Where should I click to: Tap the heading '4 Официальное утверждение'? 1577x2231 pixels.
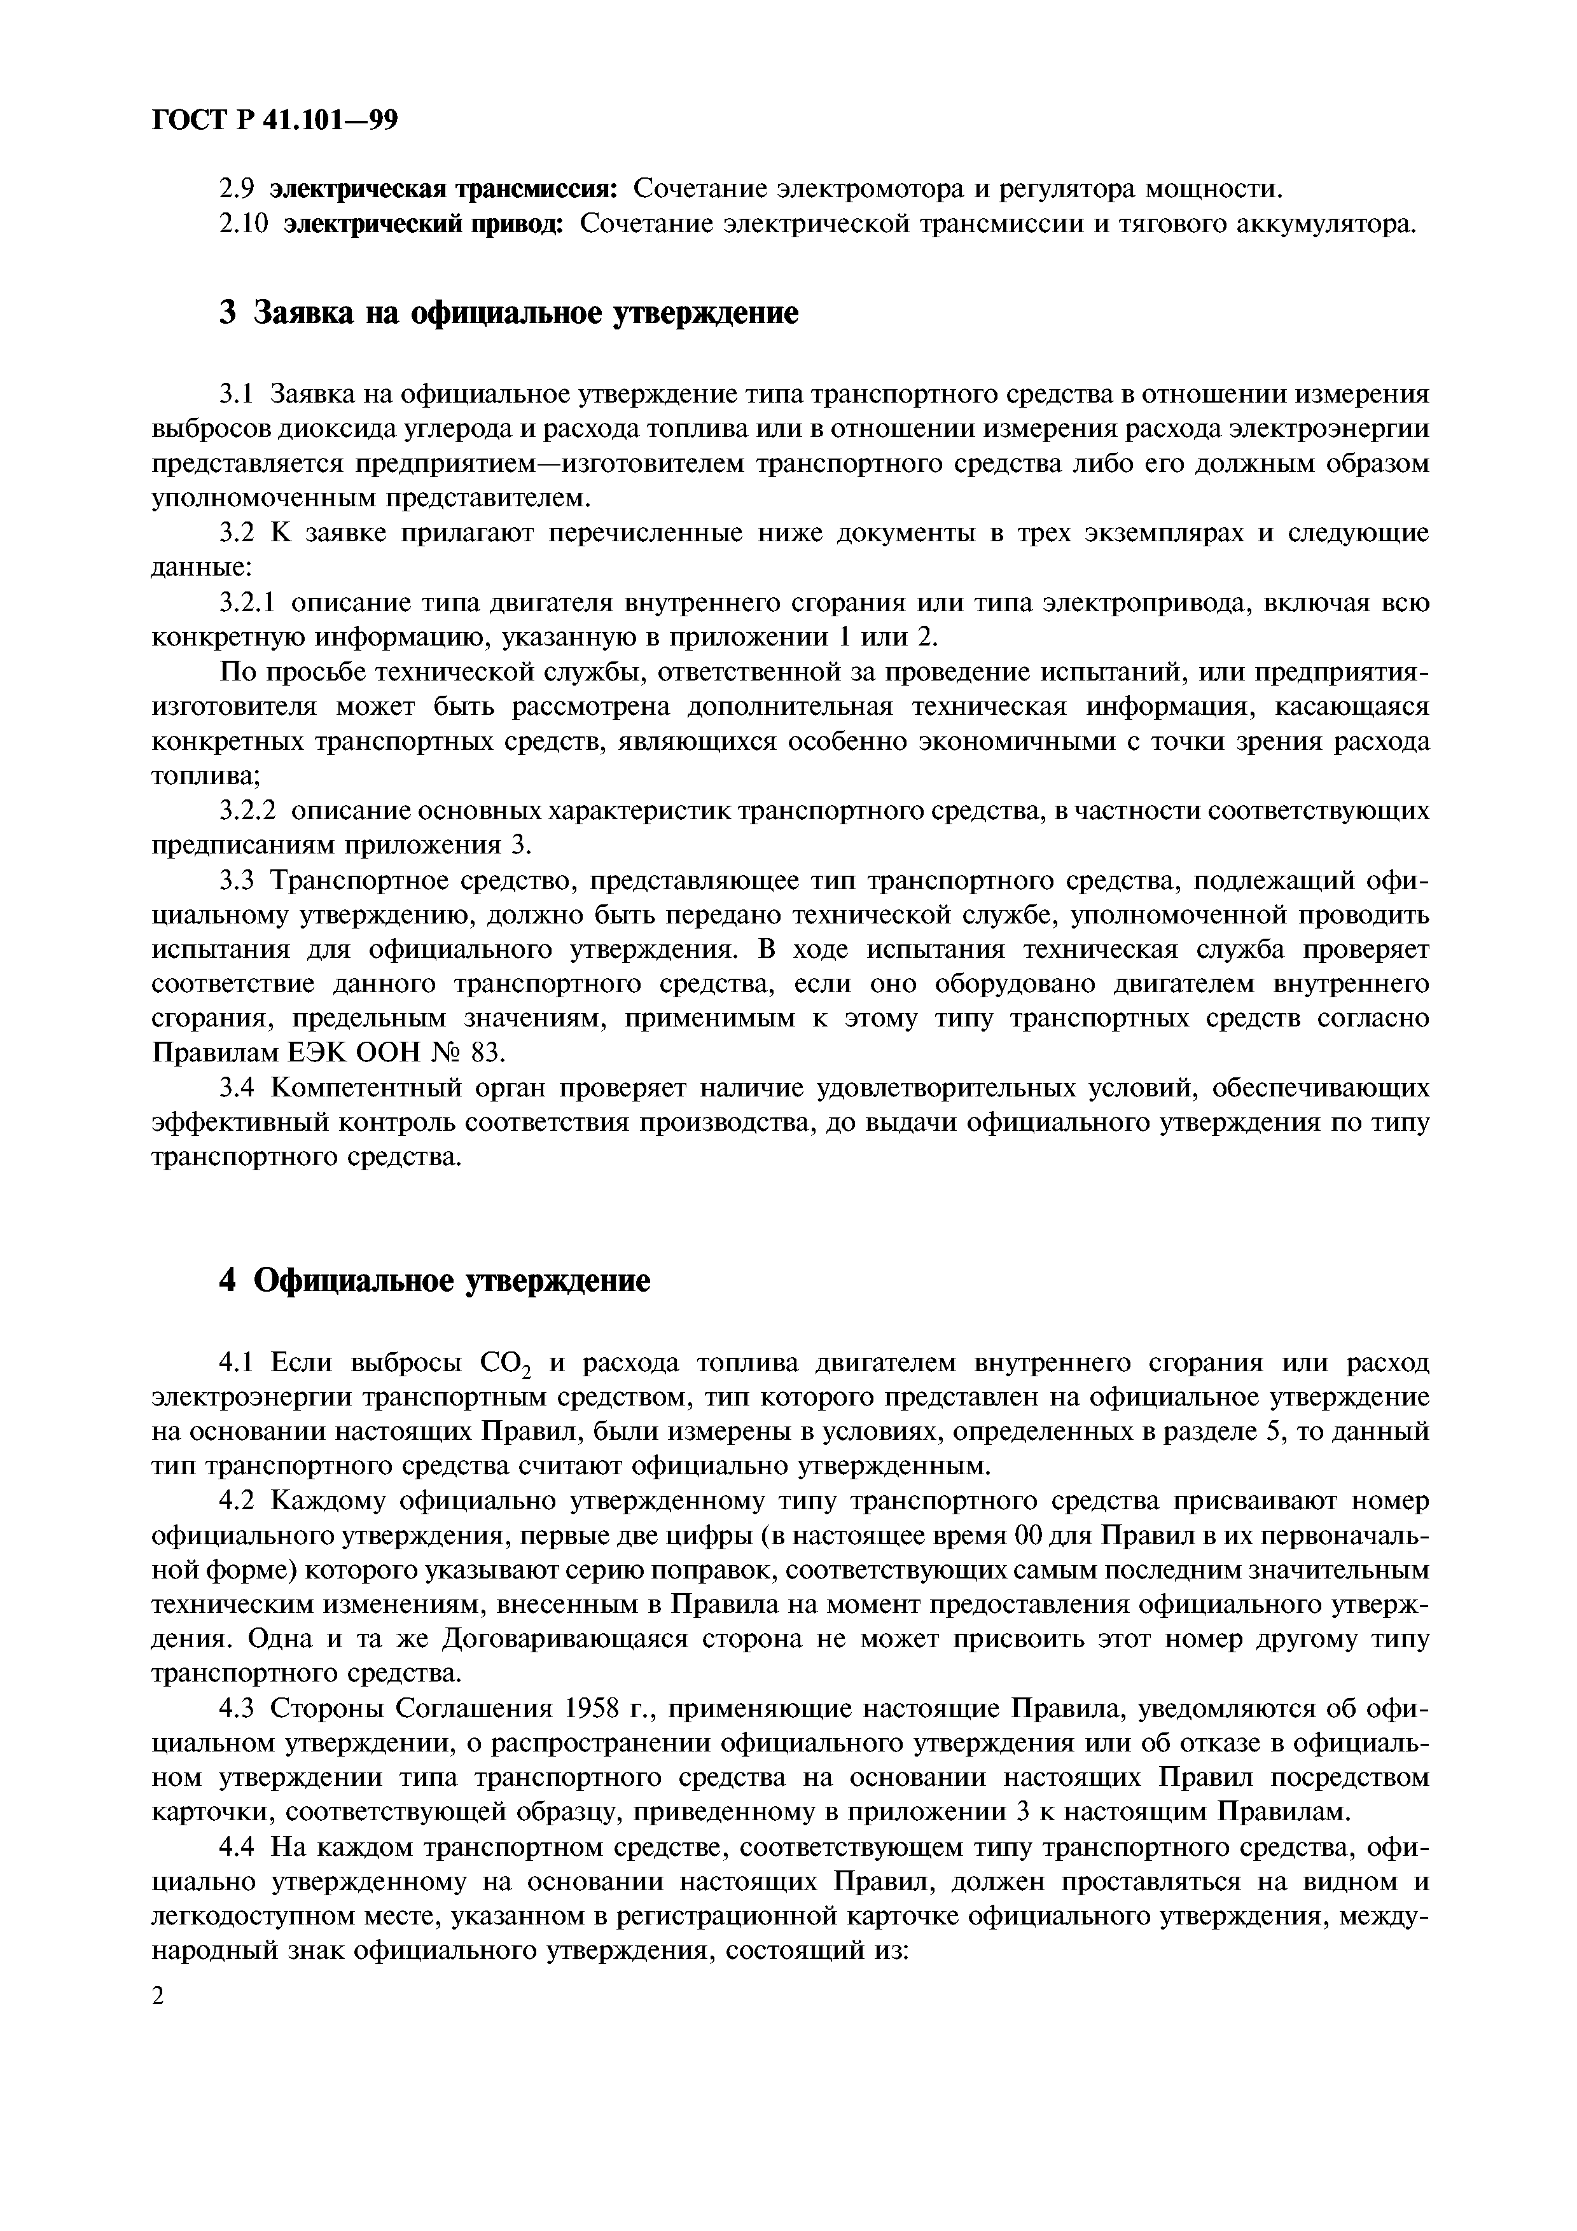433,1281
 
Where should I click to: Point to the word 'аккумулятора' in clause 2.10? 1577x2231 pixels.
1323,224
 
